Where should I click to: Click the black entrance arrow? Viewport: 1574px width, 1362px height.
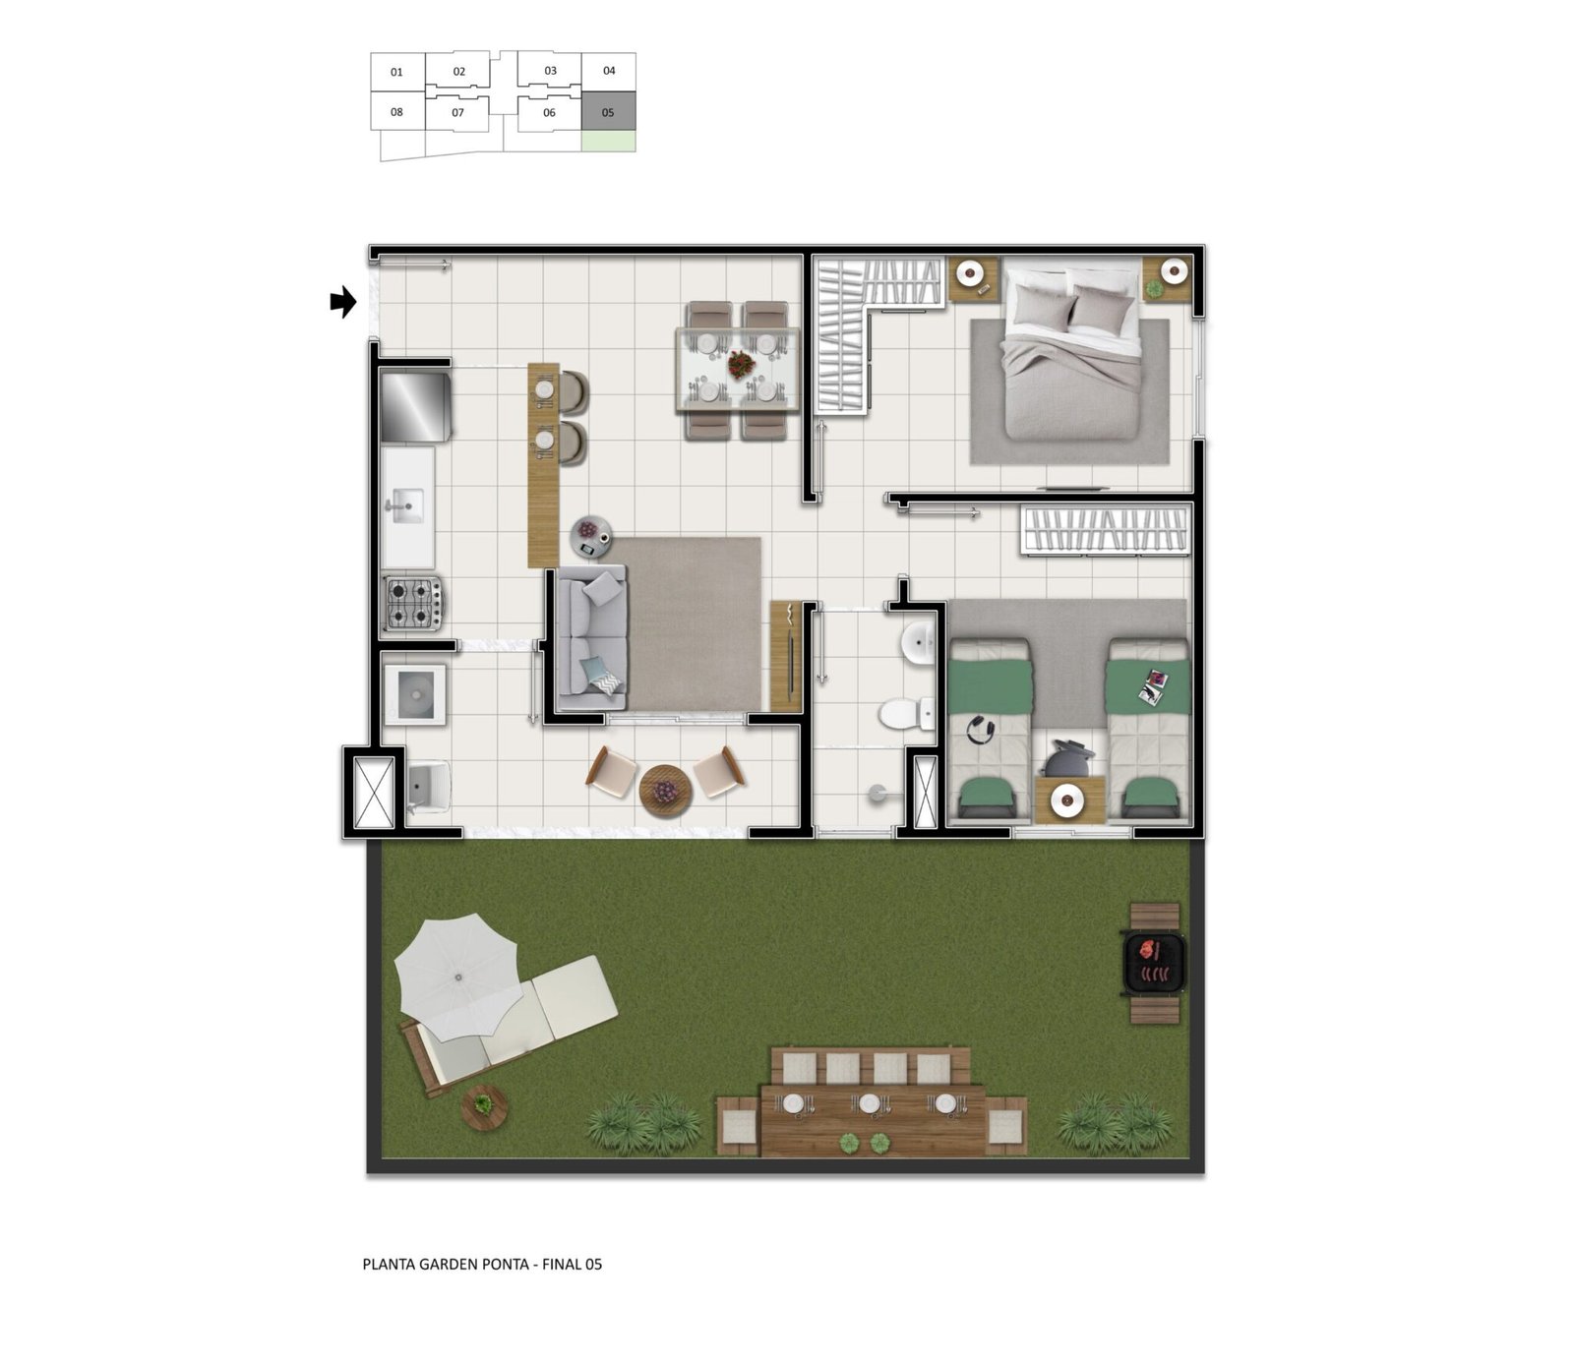point(342,302)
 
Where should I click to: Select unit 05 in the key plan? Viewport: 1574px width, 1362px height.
point(608,112)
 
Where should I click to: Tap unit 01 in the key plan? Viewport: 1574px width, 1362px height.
point(397,72)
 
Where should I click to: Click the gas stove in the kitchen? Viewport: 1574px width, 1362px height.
point(413,603)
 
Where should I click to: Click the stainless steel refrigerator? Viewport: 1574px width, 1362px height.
point(415,404)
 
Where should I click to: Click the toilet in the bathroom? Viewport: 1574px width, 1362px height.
point(908,713)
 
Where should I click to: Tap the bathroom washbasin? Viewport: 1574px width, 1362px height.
point(920,644)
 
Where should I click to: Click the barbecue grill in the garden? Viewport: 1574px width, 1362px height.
point(1154,963)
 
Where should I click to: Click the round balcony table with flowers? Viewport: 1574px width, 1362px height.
point(666,791)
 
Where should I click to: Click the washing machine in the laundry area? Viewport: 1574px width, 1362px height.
point(415,695)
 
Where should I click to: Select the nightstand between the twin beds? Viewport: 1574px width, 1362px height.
point(1068,799)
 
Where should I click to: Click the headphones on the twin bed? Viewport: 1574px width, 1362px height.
point(981,730)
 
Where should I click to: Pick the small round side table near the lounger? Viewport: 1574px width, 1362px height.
point(484,1107)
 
